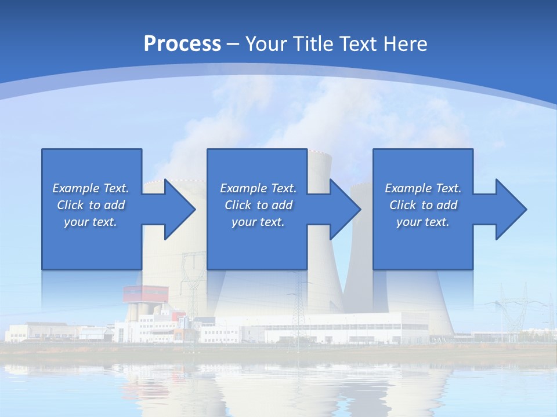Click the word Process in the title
point(182,44)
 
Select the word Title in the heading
point(313,44)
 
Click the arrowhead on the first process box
point(179,209)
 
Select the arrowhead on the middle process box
point(344,209)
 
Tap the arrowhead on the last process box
point(510,209)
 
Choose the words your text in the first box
point(91,222)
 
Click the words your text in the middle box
point(258,222)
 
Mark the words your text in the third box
point(422,222)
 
